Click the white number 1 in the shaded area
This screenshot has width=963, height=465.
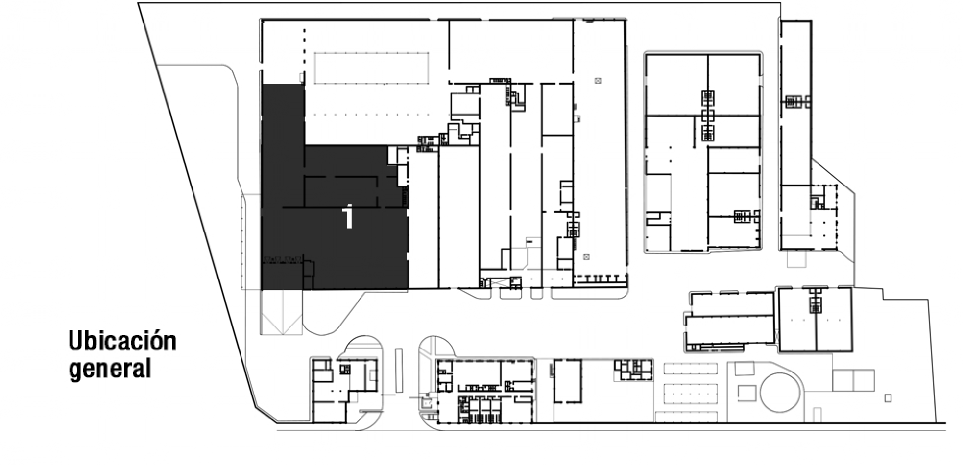348,217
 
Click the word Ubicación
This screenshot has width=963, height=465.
122,341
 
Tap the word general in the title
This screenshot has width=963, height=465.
110,369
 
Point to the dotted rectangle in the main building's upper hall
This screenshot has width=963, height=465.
372,68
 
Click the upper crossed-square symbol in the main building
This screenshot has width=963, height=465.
598,81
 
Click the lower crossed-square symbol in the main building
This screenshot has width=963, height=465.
586,256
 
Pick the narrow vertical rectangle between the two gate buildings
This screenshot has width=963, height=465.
399,370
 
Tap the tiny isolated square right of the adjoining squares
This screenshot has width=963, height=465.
888,398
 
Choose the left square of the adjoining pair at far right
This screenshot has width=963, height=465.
843,380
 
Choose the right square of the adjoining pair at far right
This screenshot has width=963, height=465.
864,380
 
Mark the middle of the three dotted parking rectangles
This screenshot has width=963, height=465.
690,393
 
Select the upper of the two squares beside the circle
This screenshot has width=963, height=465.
745,368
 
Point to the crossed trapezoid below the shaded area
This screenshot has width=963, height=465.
282,312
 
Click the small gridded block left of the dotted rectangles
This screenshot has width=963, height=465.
634,370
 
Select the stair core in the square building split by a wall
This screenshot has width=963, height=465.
815,301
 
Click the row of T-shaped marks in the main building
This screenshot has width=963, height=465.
600,279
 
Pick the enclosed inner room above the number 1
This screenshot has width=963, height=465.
341,191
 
